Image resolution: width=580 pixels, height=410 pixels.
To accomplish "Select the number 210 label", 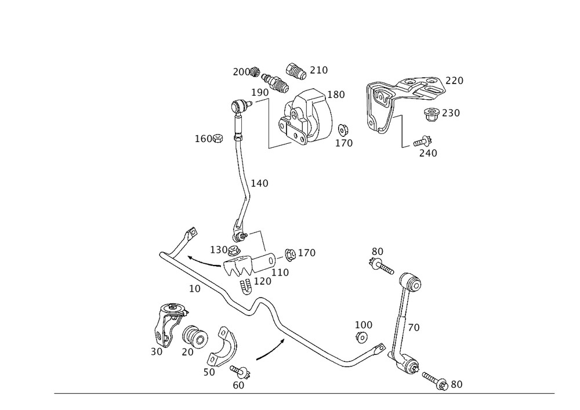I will [318, 70].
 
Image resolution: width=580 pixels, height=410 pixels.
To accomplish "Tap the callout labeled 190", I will [260, 92].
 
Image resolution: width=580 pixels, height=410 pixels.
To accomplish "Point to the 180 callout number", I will [336, 94].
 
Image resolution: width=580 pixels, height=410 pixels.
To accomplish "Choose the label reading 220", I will [454, 82].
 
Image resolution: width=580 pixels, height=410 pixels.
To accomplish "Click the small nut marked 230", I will [431, 113].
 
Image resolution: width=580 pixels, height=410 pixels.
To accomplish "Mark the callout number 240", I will [427, 153].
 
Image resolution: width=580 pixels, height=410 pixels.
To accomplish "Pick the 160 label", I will [203, 139].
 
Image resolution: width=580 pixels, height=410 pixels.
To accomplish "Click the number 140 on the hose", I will [259, 183].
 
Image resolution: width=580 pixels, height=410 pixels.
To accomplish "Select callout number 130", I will [219, 249].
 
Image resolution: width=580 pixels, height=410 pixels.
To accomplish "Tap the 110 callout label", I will [280, 271].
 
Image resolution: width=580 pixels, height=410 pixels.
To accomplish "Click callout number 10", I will [195, 288].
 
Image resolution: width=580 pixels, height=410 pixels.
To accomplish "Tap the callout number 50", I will [209, 373].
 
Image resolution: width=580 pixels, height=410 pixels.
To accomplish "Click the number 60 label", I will [238, 384].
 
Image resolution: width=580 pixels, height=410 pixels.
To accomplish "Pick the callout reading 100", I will [364, 324].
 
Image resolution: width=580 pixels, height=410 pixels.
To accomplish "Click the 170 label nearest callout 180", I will [344, 142].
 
